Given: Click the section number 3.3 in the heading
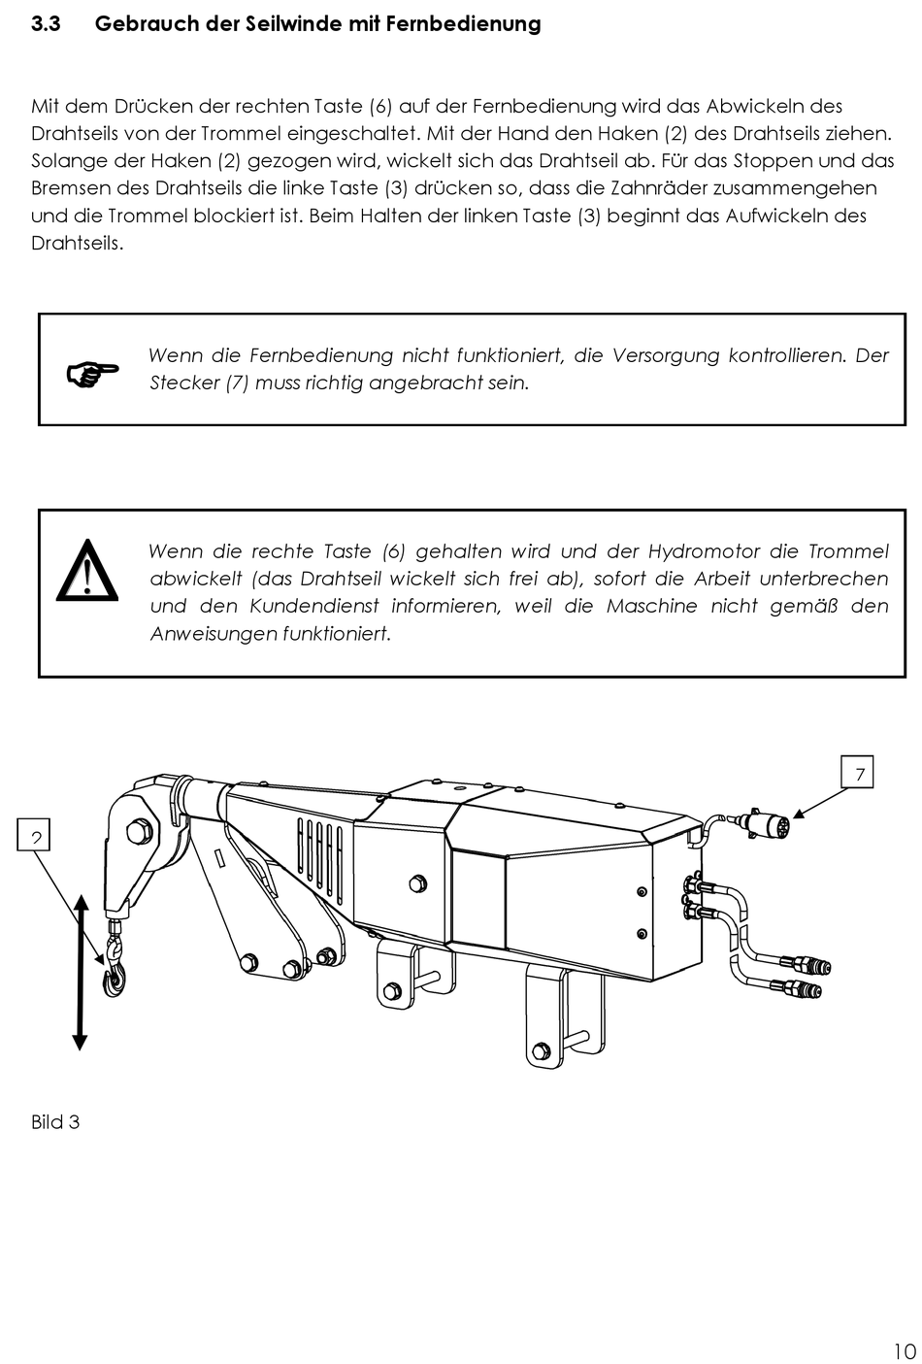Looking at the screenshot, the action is tap(46, 24).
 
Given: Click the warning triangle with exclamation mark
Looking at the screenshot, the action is tap(87, 571).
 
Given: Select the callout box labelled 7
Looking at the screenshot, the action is tap(859, 772).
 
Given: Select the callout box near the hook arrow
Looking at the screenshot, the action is tap(34, 835).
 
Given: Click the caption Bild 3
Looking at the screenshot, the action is tap(55, 1122).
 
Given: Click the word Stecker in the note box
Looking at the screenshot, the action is tap(183, 383).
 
